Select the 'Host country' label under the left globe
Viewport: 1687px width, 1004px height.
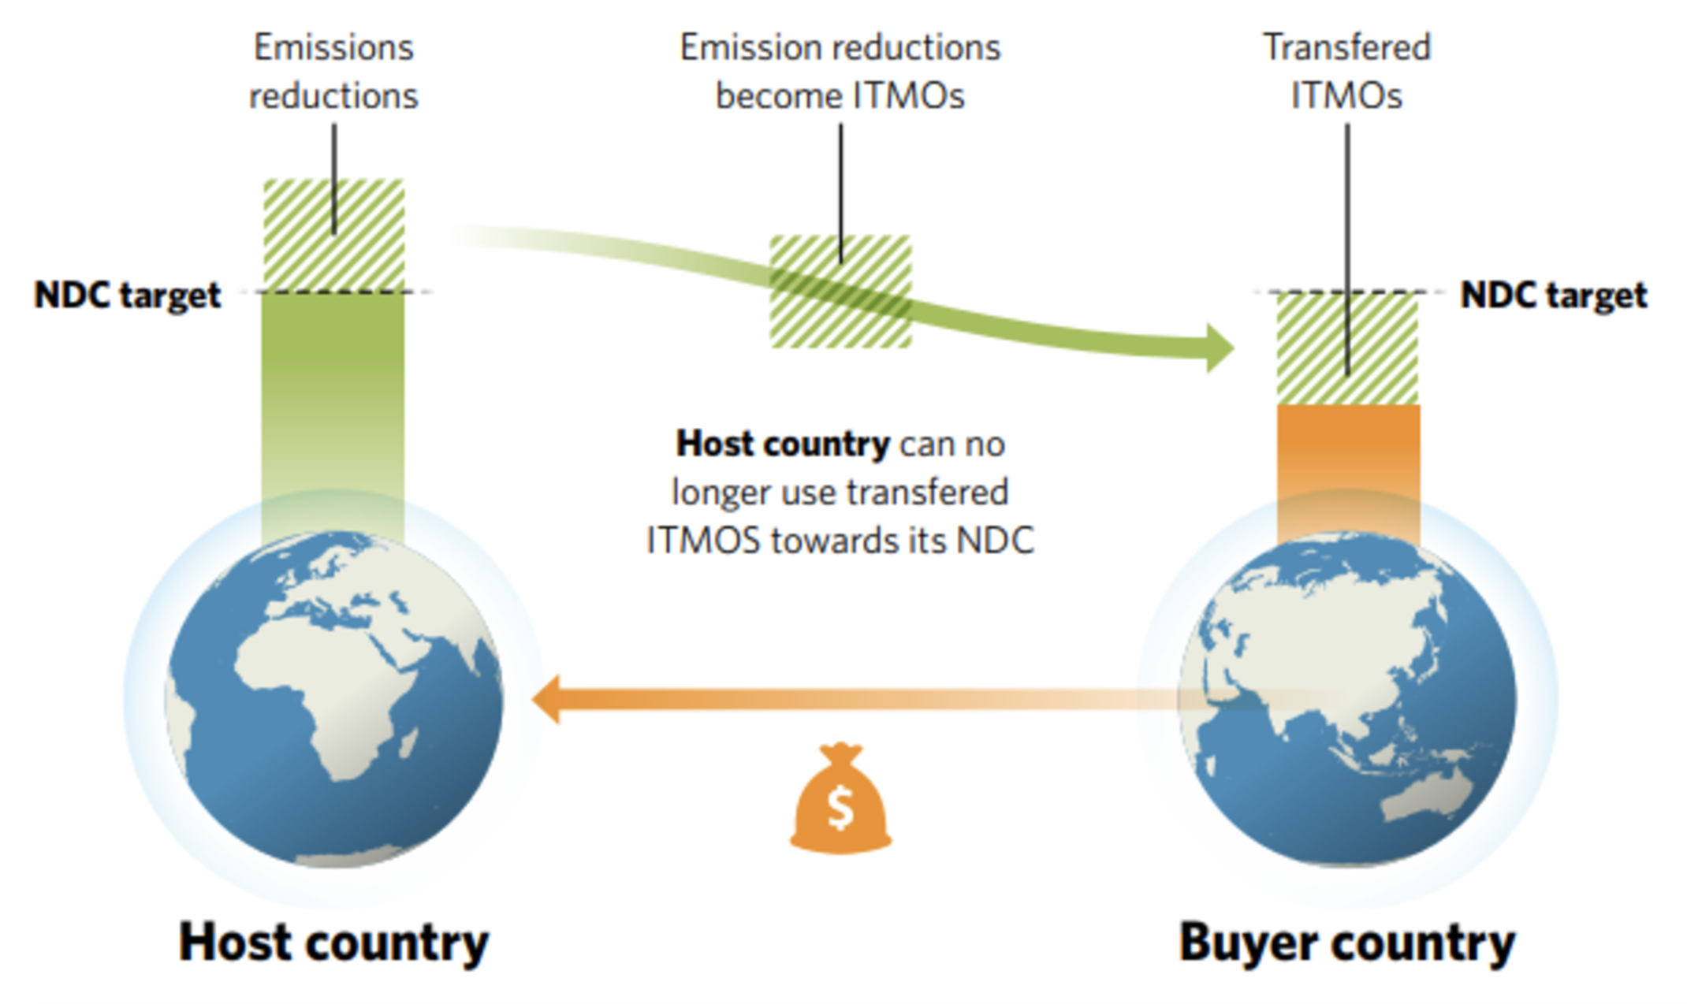333,943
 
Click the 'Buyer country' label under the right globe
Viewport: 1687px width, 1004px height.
1346,943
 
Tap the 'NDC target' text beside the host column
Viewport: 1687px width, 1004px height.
127,296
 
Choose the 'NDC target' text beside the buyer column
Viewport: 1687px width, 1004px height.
1553,296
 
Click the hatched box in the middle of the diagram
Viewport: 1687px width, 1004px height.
840,292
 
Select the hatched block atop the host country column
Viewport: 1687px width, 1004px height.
333,235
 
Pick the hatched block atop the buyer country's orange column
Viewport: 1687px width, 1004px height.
1346,349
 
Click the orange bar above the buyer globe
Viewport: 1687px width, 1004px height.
1348,465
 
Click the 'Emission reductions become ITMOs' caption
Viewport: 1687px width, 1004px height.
840,72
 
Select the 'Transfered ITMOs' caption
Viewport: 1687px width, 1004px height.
1346,72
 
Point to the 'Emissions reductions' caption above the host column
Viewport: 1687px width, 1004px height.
333,72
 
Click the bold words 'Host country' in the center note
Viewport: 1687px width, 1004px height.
782,444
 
